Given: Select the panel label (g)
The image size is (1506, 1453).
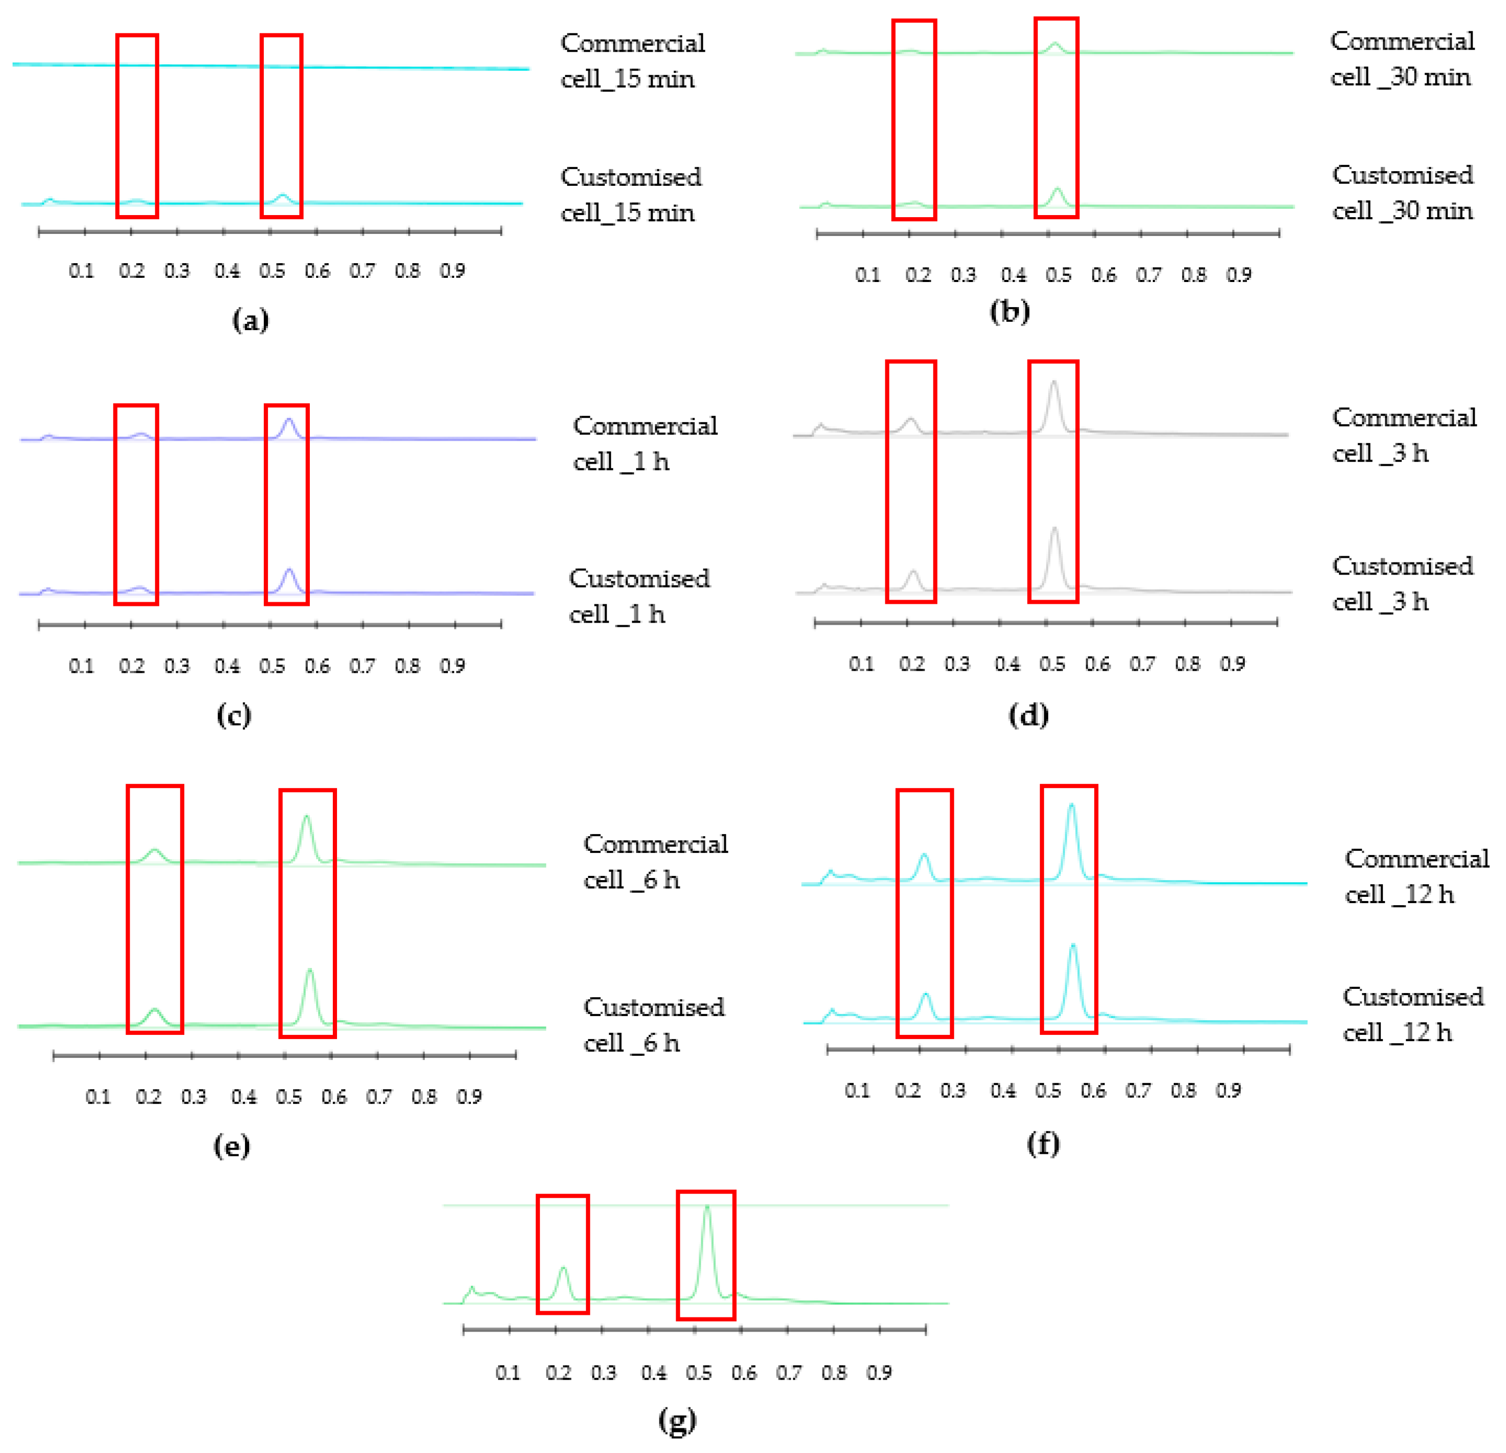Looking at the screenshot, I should [677, 1420].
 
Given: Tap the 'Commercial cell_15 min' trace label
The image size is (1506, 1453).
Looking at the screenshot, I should [632, 61].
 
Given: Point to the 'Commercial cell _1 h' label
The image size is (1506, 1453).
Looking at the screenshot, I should [645, 443].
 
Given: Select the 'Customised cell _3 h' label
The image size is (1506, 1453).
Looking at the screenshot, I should [1402, 583].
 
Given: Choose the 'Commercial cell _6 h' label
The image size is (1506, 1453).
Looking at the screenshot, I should [655, 861].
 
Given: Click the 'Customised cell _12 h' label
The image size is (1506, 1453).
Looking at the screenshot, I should [1412, 1013].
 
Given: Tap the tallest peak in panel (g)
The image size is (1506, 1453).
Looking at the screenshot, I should [707, 1209].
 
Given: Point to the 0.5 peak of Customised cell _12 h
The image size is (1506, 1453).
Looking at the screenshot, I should [1073, 947].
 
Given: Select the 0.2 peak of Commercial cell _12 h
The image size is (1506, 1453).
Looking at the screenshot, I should [924, 855].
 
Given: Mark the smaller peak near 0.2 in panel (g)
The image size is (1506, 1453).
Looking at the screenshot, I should [563, 1269].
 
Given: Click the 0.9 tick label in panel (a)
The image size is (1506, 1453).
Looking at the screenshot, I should [453, 271].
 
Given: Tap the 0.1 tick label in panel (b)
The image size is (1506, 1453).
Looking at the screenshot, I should [868, 275].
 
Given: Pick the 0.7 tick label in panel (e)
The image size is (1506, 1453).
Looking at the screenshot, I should [379, 1097].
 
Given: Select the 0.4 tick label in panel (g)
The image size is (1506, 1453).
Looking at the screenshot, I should [654, 1372].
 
